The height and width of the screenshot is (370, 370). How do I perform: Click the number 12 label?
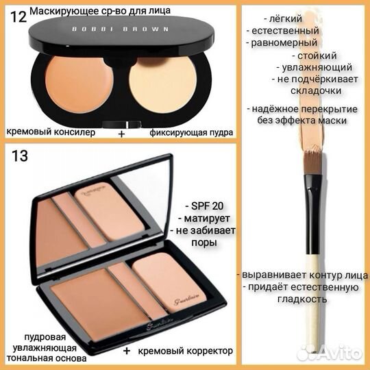18,17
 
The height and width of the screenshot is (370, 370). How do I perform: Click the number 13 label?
20,156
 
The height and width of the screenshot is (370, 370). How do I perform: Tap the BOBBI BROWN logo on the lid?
121,29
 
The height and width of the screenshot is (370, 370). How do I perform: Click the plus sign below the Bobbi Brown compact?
121,134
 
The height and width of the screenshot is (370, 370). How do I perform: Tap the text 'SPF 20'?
205,206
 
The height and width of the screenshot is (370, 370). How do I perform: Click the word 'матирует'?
207,219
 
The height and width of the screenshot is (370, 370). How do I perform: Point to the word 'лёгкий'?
286,18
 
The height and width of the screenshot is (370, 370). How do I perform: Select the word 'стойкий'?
317,56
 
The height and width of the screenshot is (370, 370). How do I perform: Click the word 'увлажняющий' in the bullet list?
317,68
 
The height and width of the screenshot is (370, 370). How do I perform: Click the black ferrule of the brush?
313,214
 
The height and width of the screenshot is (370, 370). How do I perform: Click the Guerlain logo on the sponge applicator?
186,299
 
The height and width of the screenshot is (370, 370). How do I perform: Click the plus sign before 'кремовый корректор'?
127,351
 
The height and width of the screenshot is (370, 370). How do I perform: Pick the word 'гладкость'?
301,299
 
